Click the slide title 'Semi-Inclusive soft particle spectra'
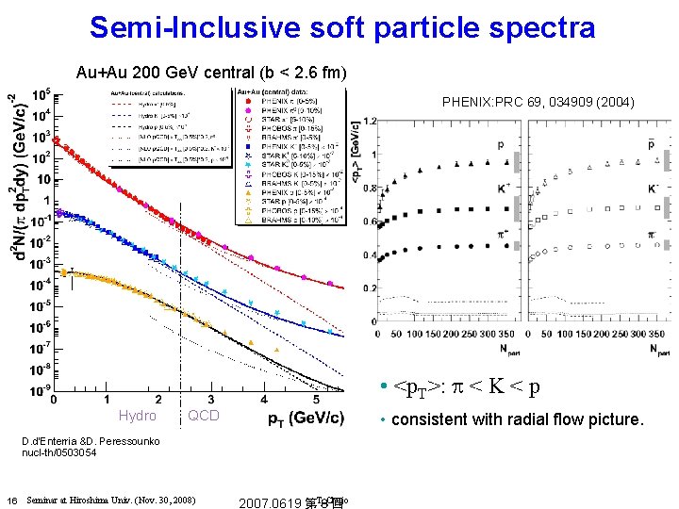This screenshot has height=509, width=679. pos(342,27)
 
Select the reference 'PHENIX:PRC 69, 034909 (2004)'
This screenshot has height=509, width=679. pos(538,101)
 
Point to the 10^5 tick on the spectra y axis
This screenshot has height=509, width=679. pos(41,95)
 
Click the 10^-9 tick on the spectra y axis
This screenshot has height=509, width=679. pos(39,390)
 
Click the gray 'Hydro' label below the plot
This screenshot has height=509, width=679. pos(138,416)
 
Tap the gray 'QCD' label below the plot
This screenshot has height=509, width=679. pos(204,416)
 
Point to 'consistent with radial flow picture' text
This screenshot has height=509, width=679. pos(517,419)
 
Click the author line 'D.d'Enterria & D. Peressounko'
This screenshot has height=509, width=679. pos(88,440)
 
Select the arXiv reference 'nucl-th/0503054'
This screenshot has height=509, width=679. pos(59,452)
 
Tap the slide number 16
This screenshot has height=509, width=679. pos(10,499)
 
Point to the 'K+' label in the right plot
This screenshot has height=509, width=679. pos(503,189)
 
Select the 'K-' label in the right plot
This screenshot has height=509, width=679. pos(654,189)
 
